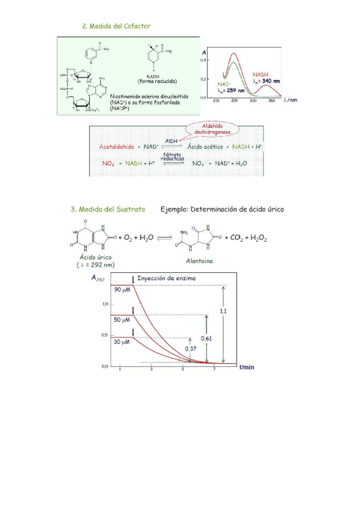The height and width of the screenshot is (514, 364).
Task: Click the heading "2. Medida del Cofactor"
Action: pyautogui.click(x=116, y=27)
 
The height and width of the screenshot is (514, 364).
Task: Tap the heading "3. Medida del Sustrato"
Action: pyautogui.click(x=107, y=209)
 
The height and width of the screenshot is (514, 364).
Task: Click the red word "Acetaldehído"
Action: pyautogui.click(x=116, y=147)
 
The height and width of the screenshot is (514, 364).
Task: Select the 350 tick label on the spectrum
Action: pyautogui.click(x=270, y=101)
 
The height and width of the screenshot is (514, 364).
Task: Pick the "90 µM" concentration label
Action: pyautogui.click(x=123, y=290)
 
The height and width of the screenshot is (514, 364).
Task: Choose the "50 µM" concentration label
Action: pyautogui.click(x=123, y=319)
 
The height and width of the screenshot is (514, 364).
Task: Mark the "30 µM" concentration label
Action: pyautogui.click(x=123, y=342)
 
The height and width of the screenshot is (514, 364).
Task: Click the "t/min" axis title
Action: pyautogui.click(x=248, y=367)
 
